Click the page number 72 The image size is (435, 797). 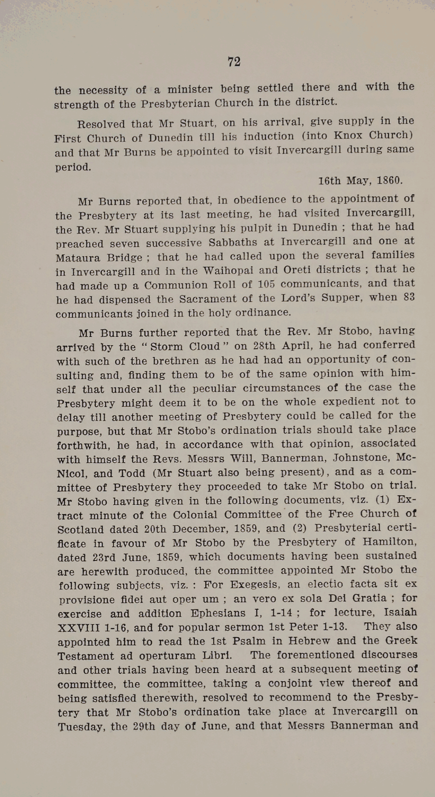(234, 62)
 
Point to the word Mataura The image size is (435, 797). (78, 258)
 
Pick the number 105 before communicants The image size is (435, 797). (266, 284)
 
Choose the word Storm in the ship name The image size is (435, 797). (167, 346)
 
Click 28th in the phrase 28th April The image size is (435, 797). (264, 346)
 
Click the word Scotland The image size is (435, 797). (80, 529)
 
